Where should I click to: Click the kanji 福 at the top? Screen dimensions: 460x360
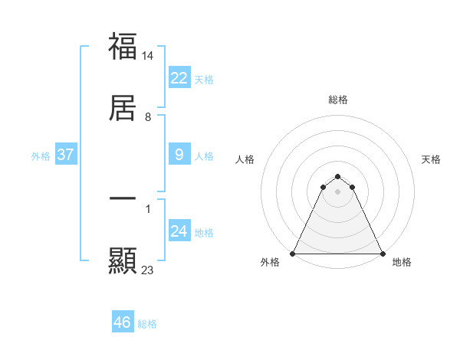pyautogui.click(x=123, y=46)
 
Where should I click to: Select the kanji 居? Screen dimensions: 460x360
pyautogui.click(x=123, y=107)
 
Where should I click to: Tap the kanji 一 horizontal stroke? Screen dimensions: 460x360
pyautogui.click(x=123, y=198)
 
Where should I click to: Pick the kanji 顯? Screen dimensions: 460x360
pyautogui.click(x=123, y=261)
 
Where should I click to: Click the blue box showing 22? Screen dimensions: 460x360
pyautogui.click(x=179, y=78)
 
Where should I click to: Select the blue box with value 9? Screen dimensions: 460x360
pyautogui.click(x=179, y=155)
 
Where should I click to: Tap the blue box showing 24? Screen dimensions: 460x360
pyautogui.click(x=179, y=231)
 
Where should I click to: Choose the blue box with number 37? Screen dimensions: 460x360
pyautogui.click(x=65, y=155)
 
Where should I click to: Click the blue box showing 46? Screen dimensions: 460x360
pyautogui.click(x=123, y=322)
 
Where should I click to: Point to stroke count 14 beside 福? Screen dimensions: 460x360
pyautogui.click(x=148, y=56)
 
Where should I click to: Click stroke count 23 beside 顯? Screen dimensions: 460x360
pyautogui.click(x=148, y=270)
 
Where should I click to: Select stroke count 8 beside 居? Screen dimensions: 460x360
pyautogui.click(x=148, y=117)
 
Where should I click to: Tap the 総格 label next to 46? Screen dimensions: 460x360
pyautogui.click(x=147, y=324)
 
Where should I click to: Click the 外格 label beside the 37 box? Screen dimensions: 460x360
pyautogui.click(x=41, y=156)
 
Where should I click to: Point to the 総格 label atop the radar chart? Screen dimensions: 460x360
pyautogui.click(x=338, y=100)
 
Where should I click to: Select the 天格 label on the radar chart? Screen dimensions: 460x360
pyautogui.click(x=432, y=159)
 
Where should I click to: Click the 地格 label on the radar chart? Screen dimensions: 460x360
pyautogui.click(x=402, y=262)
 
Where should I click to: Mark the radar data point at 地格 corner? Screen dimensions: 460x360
pyautogui.click(x=383, y=253)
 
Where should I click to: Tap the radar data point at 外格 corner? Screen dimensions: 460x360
pyautogui.click(x=293, y=253)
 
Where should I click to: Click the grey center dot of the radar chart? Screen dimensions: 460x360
pyautogui.click(x=338, y=191)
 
